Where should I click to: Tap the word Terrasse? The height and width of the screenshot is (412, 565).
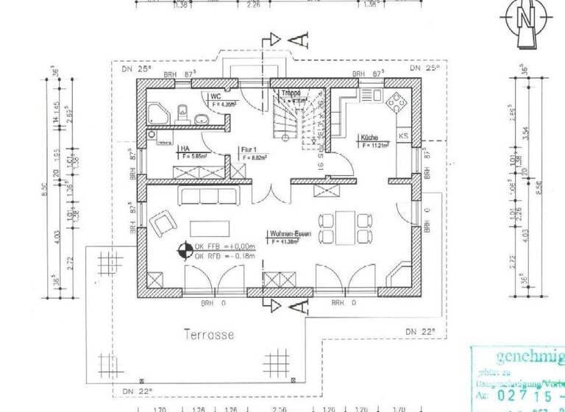pos(208,335)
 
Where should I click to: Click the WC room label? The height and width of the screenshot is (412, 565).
pos(216,96)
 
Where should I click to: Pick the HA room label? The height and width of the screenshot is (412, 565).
pos(184,148)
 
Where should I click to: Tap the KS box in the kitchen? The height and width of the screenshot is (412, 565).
pos(403,136)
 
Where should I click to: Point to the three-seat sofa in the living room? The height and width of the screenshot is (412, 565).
pos(210,196)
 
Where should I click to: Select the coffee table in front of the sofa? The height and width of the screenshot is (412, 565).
pos(210,227)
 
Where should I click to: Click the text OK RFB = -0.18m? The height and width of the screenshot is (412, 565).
pos(224,256)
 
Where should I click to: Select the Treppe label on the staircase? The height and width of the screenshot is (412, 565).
pos(290,93)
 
